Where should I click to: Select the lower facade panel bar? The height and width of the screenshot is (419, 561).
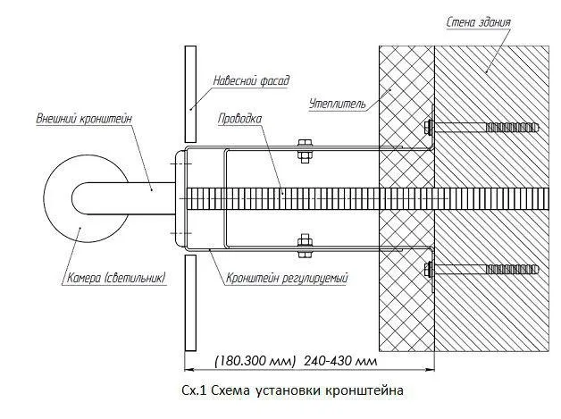click(189, 303)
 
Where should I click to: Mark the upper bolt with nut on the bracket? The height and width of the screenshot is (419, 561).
click(304, 149)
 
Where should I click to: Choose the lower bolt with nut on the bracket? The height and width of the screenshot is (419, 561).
click(304, 243)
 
